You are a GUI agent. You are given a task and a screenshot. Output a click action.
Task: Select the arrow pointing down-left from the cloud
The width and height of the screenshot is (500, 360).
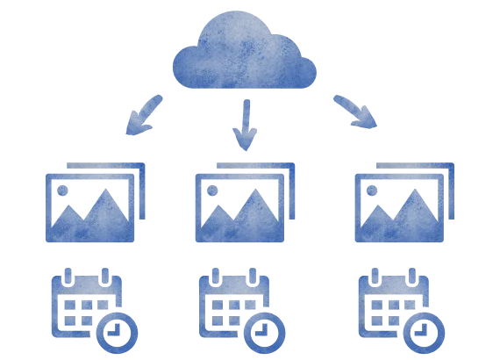tap(142, 116)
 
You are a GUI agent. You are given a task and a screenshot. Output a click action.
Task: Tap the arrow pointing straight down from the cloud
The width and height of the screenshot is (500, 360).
tap(246, 123)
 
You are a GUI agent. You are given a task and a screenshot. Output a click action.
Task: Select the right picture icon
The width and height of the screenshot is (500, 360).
tap(404, 204)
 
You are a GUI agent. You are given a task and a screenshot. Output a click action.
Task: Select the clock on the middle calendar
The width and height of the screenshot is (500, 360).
tap(267, 332)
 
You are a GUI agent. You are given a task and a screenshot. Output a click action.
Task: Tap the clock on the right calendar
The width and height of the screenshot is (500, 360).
tap(426, 332)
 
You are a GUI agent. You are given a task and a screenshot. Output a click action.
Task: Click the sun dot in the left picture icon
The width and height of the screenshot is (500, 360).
tap(65, 188)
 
